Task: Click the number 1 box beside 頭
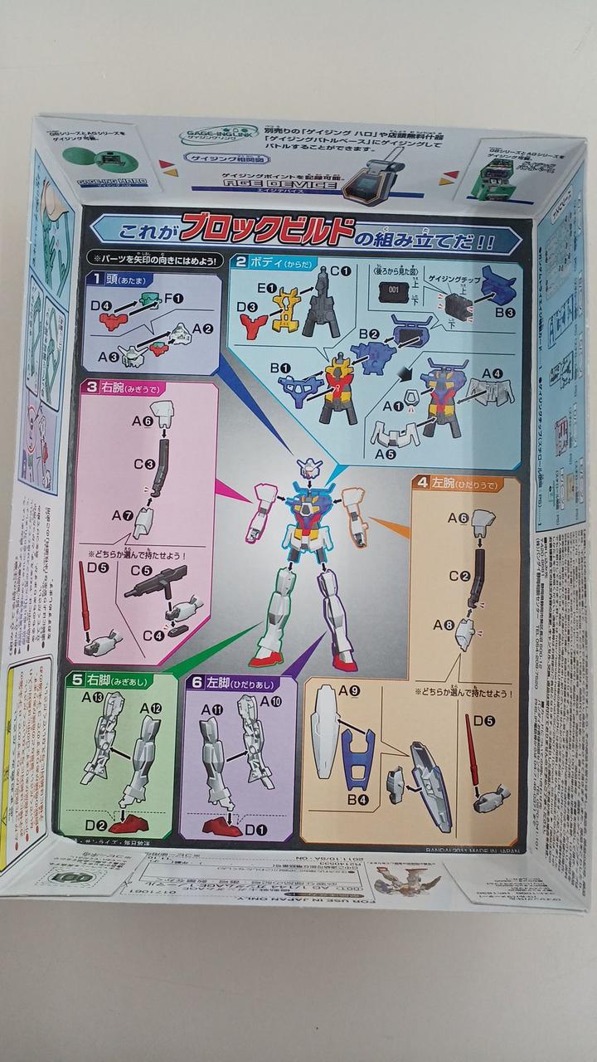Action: point(96,280)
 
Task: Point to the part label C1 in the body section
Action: point(340,270)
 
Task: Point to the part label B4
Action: point(357,799)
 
